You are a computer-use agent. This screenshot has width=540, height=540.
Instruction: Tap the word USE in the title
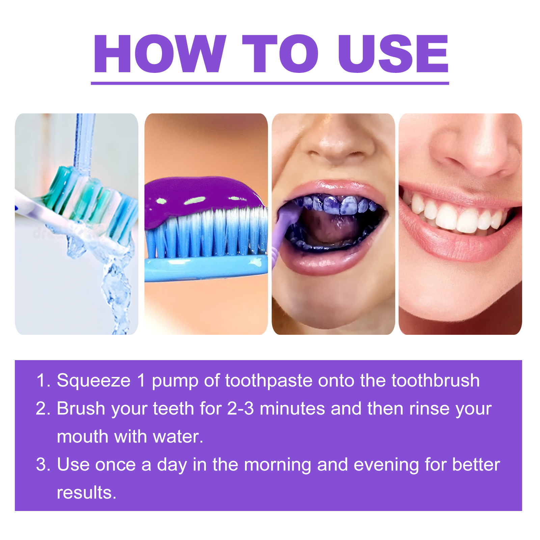[x=393, y=54]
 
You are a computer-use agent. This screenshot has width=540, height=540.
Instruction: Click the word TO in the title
[x=280, y=54]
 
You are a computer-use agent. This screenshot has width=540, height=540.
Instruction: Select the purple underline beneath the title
[x=270, y=83]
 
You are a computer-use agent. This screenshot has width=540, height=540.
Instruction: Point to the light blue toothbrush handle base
[x=206, y=268]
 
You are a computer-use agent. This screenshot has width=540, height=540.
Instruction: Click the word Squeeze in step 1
[x=93, y=381]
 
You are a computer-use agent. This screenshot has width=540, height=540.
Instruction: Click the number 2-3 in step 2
[x=240, y=409]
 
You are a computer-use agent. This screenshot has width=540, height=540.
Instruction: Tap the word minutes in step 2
[x=292, y=409]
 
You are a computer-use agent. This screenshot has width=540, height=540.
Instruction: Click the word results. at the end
[x=86, y=493]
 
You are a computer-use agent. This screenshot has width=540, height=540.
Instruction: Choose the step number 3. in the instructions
[x=43, y=465]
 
